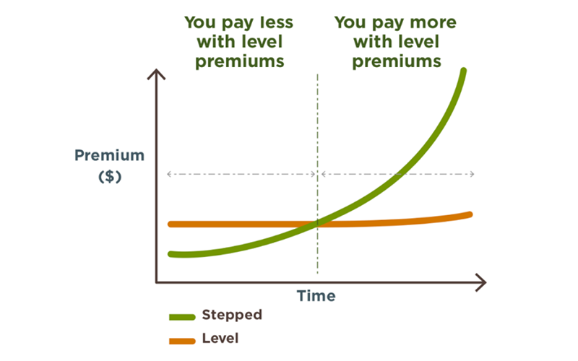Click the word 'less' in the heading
[276, 22]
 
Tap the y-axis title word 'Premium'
[110, 155]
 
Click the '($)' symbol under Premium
[110, 176]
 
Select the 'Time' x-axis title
[316, 296]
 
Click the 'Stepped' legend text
[232, 315]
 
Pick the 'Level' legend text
[220, 338]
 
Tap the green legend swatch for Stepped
[182, 317]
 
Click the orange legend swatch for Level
[182, 341]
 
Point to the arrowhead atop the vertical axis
[156, 70]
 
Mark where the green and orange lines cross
[317, 223]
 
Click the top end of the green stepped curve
[464, 70]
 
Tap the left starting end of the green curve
[171, 254]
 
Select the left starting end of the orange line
[171, 224]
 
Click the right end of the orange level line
[470, 214]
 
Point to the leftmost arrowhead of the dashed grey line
[168, 174]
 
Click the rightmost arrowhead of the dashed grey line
[473, 174]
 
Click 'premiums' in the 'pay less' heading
[240, 61]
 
